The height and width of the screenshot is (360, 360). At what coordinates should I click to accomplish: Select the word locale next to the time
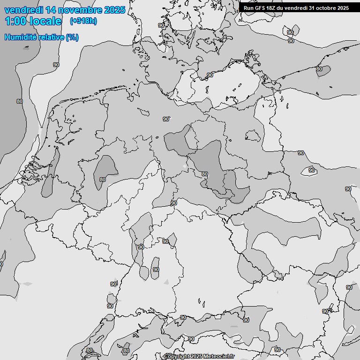pyautogui.click(x=45, y=21)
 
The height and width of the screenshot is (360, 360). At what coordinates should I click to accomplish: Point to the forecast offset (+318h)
pyautogui.click(x=83, y=21)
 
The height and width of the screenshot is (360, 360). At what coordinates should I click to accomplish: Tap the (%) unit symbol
pyautogui.click(x=72, y=37)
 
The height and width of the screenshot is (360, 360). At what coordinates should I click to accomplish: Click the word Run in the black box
pyautogui.click(x=248, y=8)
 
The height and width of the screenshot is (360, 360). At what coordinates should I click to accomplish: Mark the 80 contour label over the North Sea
pyautogui.click(x=19, y=101)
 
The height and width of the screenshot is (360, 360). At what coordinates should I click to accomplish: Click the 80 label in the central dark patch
pyautogui.click(x=204, y=174)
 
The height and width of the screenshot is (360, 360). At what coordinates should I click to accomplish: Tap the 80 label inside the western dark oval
pyautogui.click(x=103, y=180)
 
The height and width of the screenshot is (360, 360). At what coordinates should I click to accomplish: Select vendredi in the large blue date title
pyautogui.click(x=23, y=10)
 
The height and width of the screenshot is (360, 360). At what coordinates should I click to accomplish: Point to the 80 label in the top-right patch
pyautogui.click(x=319, y=69)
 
